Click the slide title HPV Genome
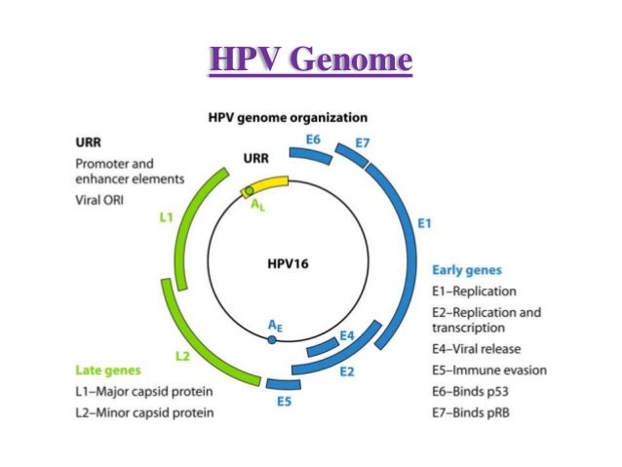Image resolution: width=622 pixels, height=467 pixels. pyautogui.click(x=310, y=60)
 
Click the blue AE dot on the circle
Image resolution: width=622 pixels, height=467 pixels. pyautogui.click(x=272, y=338)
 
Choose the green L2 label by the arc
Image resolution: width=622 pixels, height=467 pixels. pyautogui.click(x=182, y=356)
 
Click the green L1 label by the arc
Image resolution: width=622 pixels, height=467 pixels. pyautogui.click(x=167, y=217)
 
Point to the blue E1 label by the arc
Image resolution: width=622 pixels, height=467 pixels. pyautogui.click(x=424, y=224)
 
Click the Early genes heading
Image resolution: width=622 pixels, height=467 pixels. pyautogui.click(x=474, y=270)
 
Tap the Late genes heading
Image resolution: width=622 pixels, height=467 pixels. pyautogui.click(x=108, y=370)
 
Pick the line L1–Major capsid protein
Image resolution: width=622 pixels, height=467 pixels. pyautogui.click(x=144, y=392)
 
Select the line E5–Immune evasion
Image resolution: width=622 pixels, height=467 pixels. pyautogui.click(x=488, y=370)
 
